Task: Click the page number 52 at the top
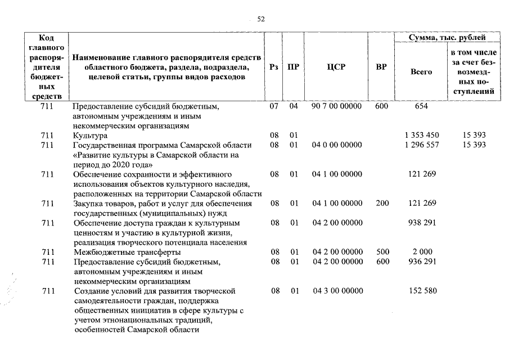pyautogui.click(x=260, y=19)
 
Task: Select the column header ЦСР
pyautogui.click(x=336, y=67)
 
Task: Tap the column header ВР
pyautogui.click(x=381, y=67)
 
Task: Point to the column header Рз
pyautogui.click(x=274, y=67)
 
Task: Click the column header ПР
pyautogui.click(x=293, y=67)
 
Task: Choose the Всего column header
pyautogui.click(x=421, y=72)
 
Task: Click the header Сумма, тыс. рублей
pyautogui.click(x=447, y=38)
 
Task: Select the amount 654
pyautogui.click(x=421, y=106)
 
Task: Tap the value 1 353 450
pyautogui.click(x=421, y=136)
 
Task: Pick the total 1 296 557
pyautogui.click(x=421, y=145)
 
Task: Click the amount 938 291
pyautogui.click(x=421, y=223)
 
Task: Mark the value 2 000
pyautogui.click(x=421, y=252)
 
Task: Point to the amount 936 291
pyautogui.click(x=421, y=262)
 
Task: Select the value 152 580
pyautogui.click(x=421, y=291)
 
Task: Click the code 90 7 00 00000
pyautogui.click(x=337, y=106)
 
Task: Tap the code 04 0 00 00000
pyautogui.click(x=337, y=145)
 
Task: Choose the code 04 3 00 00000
pyautogui.click(x=337, y=291)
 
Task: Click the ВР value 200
pyautogui.click(x=381, y=203)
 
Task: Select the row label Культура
pyautogui.click(x=91, y=136)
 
